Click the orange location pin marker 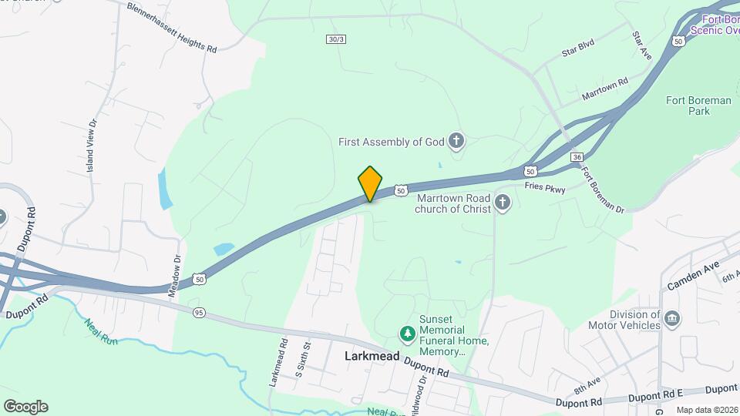tap(370, 184)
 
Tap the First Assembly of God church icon tap(456, 141)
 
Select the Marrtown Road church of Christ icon tap(503, 203)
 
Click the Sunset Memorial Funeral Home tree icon tap(406, 334)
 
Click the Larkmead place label tap(372, 357)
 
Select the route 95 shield tap(199, 312)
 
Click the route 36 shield tap(577, 157)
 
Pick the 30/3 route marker tap(335, 39)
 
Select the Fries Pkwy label tap(544, 187)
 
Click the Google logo tap(25, 407)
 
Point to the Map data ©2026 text tap(706, 410)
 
